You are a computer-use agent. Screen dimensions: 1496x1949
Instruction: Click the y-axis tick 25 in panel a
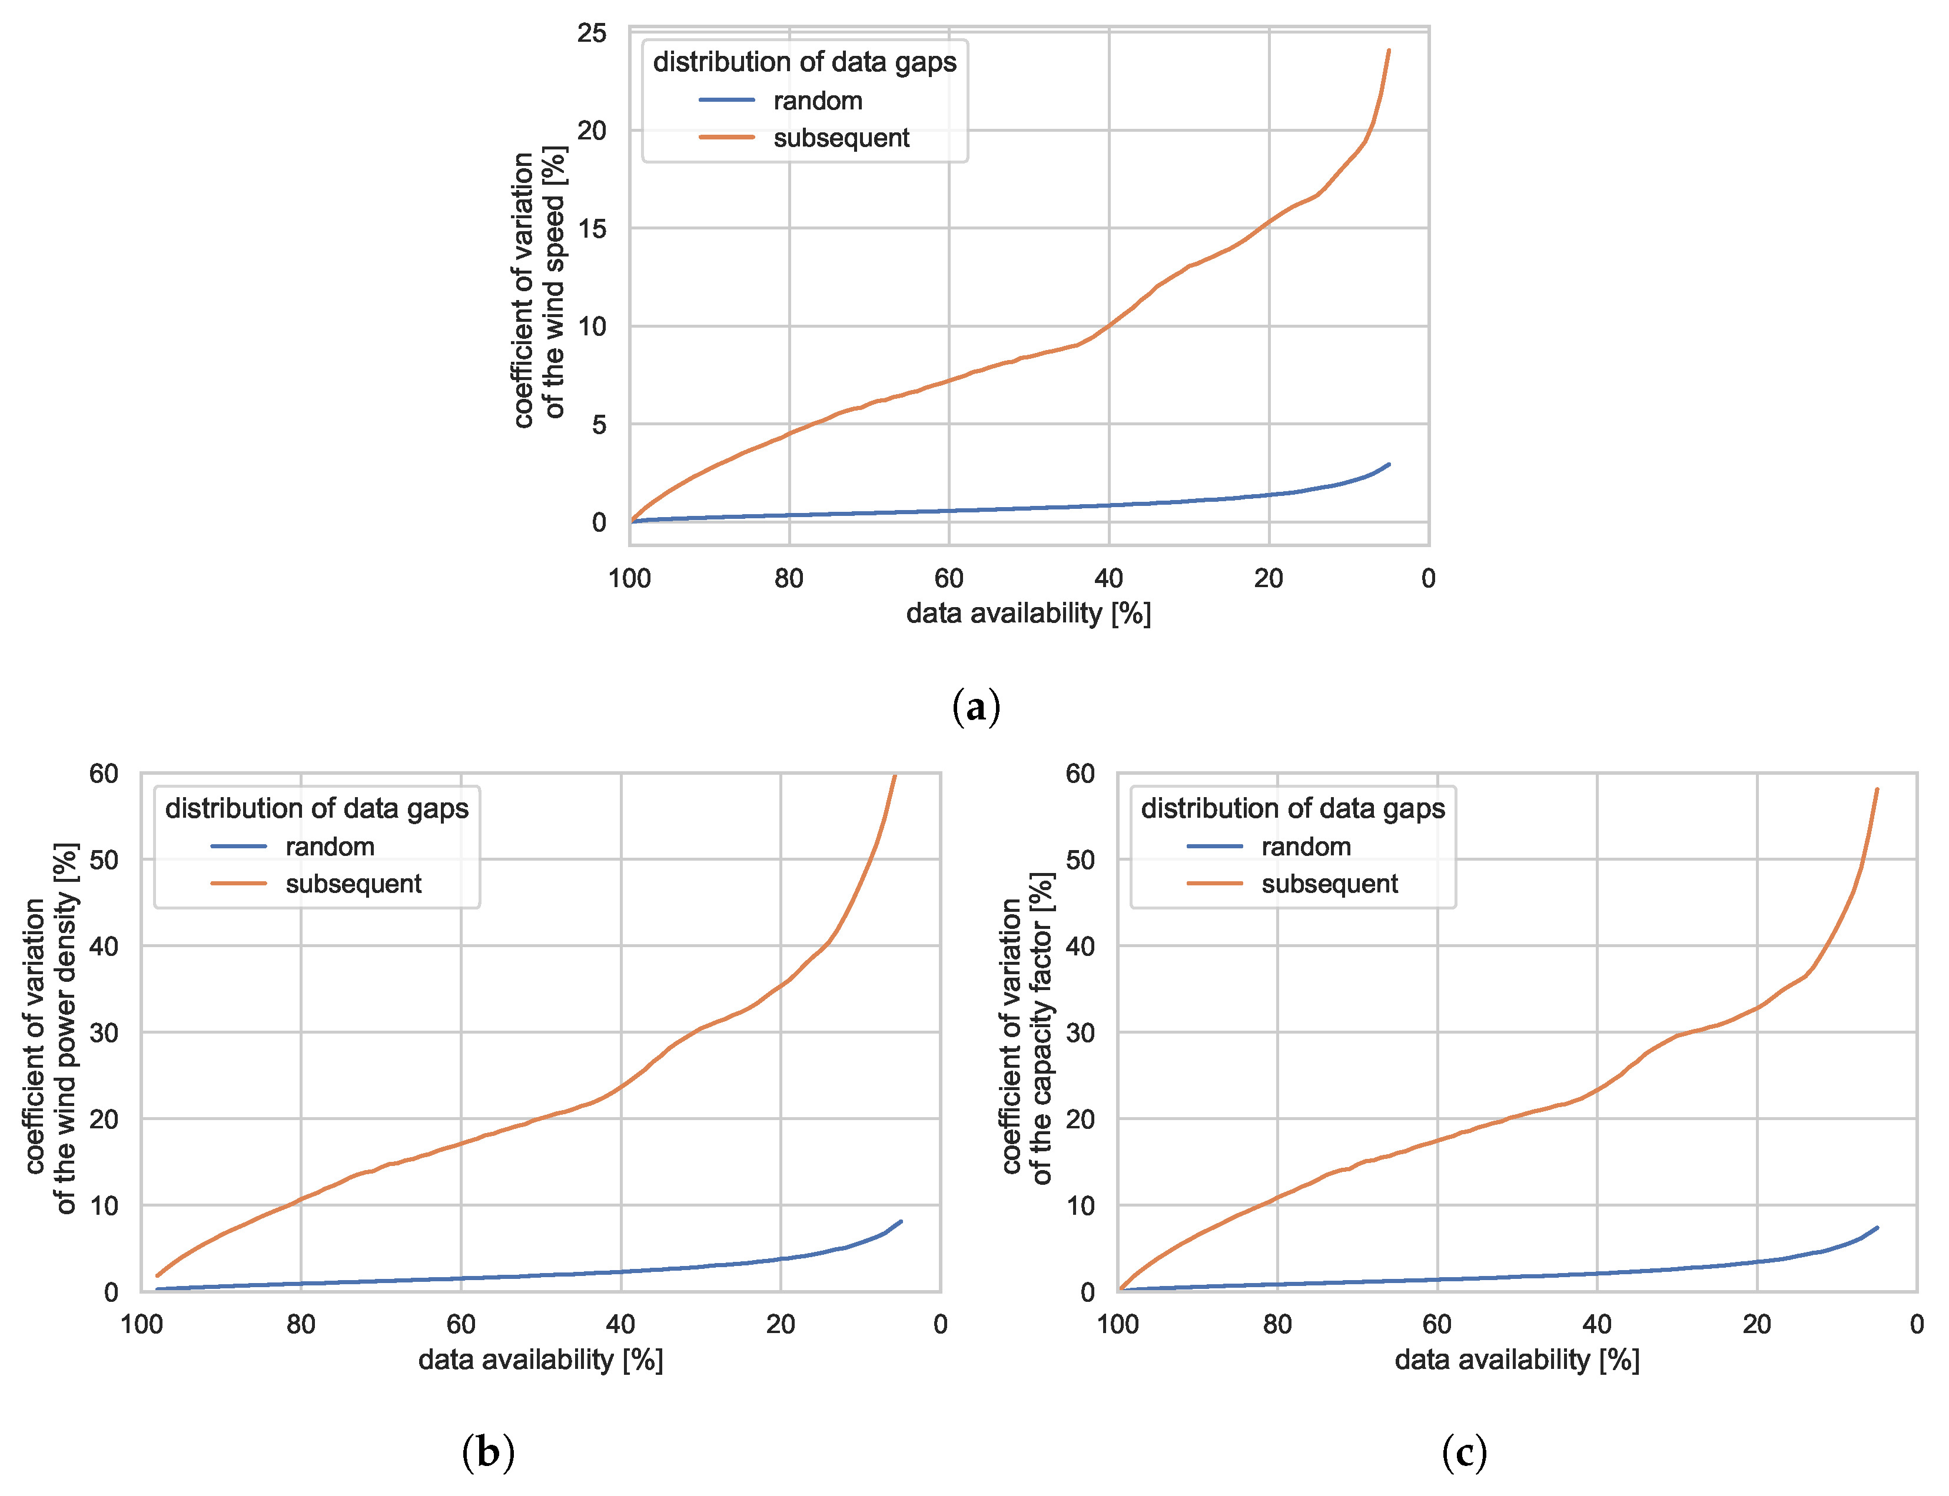pyautogui.click(x=592, y=34)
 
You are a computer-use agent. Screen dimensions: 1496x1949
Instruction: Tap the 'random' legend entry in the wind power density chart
pyautogui.click(x=330, y=847)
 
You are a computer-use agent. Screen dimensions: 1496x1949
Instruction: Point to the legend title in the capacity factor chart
pyautogui.click(x=1293, y=808)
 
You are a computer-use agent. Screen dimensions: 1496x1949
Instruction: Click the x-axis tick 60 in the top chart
pyautogui.click(x=949, y=579)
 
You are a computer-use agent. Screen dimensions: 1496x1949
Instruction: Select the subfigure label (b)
pyautogui.click(x=488, y=1452)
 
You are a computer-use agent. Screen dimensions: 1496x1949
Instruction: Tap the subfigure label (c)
pyautogui.click(x=1463, y=1452)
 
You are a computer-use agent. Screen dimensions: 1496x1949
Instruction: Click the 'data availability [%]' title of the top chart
pyautogui.click(x=1028, y=614)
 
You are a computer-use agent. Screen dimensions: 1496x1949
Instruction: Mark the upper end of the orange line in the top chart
pyautogui.click(x=1389, y=51)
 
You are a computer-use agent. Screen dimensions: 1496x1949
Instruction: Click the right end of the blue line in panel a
pyautogui.click(x=1389, y=464)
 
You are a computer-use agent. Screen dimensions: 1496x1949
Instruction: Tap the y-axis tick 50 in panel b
pyautogui.click(x=104, y=860)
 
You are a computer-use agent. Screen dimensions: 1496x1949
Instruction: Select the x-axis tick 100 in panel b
pyautogui.click(x=142, y=1325)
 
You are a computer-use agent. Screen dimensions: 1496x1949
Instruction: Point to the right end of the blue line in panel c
pyautogui.click(x=1877, y=1228)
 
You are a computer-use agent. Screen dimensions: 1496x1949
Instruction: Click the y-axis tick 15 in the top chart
pyautogui.click(x=592, y=229)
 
